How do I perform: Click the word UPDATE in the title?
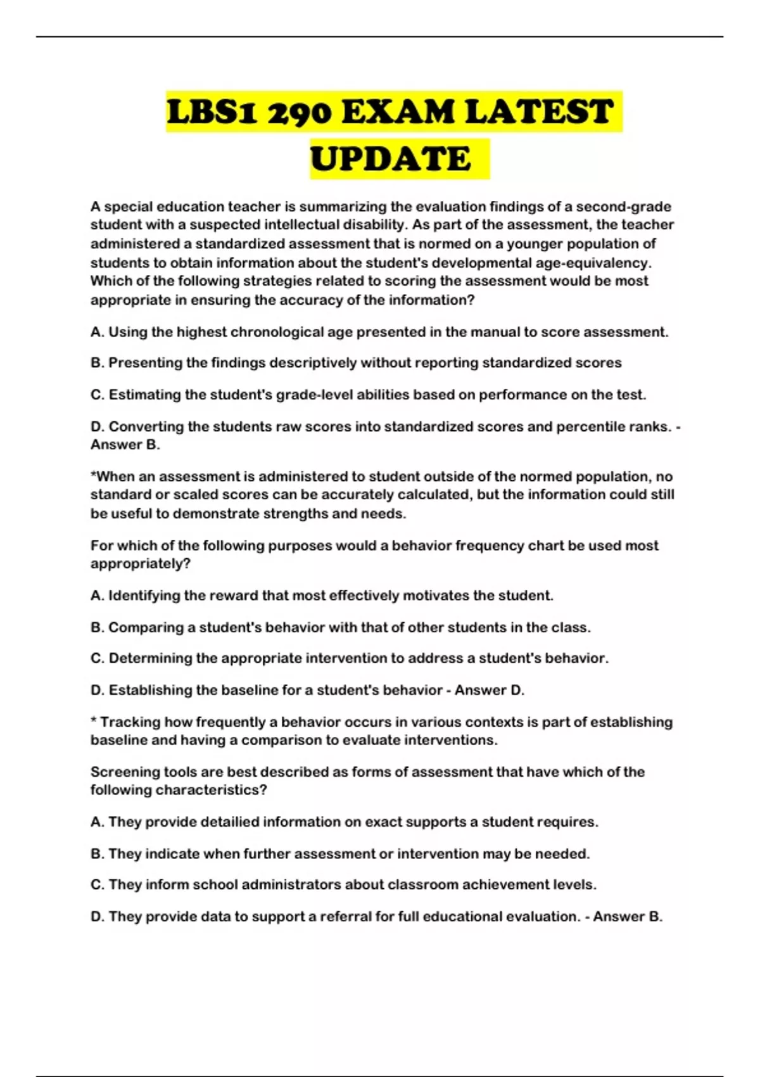coord(391,158)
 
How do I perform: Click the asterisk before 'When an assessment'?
coord(93,475)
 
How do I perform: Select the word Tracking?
coord(130,722)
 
